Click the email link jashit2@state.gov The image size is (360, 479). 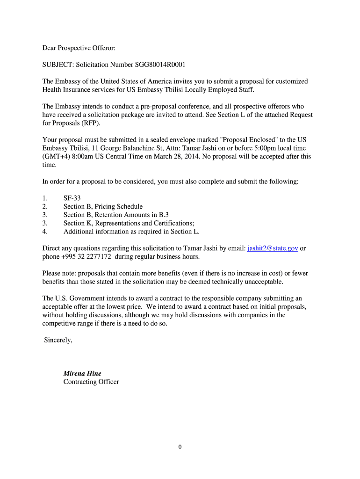click(273, 248)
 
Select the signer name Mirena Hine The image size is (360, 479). click(82, 373)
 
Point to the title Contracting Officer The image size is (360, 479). click(91, 382)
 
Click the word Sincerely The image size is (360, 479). click(58, 340)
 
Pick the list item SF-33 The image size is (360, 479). click(72, 198)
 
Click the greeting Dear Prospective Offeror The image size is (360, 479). click(82, 48)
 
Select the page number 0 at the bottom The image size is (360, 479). click(180, 447)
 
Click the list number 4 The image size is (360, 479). click(44, 232)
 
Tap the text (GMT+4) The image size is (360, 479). click(56, 157)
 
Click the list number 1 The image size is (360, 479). click(44, 198)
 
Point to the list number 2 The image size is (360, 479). click(44, 207)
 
